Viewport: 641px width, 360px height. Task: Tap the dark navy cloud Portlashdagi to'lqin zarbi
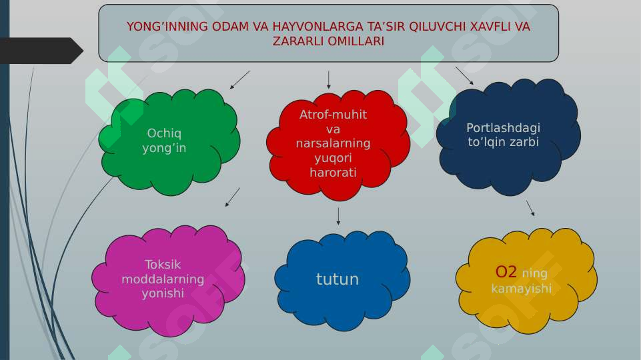pos(508,136)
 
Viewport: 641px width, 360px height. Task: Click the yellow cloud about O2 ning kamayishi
pos(526,280)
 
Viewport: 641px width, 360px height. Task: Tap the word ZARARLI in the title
pos(295,41)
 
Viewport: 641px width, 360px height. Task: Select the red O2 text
pos(506,272)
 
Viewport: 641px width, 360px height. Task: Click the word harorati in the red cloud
pos(333,173)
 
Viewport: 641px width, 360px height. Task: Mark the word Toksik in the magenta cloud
pos(163,264)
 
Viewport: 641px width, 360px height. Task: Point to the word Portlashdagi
pos(503,128)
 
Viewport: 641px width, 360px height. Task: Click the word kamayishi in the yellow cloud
pos(521,289)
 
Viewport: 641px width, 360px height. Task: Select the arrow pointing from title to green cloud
pos(239,80)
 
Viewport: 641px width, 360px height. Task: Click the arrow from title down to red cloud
pos(329,79)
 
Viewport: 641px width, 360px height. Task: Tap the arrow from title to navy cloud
pos(464,75)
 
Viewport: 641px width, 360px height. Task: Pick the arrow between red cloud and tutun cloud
pos(338,215)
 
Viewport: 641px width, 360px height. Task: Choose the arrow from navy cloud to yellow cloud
pos(530,208)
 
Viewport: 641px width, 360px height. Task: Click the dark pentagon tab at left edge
pos(40,51)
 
